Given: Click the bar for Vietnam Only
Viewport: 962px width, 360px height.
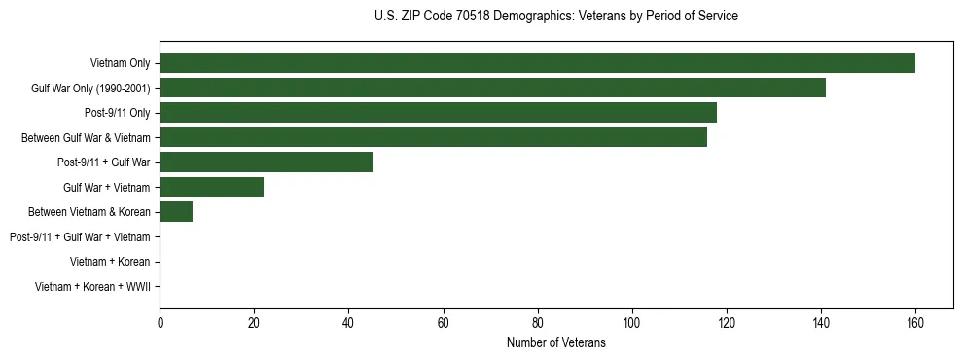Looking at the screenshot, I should tap(537, 63).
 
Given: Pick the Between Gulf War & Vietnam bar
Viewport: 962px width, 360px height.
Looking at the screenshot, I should tap(433, 137).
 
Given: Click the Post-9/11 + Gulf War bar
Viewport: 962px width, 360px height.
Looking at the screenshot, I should tap(266, 162).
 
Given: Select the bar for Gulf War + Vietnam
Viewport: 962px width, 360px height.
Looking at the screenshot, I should tap(211, 187).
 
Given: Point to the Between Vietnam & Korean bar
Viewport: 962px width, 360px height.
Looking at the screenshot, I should tap(176, 212).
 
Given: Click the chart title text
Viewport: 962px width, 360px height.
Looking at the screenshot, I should tap(555, 17).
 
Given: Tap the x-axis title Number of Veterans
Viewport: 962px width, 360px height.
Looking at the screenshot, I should tap(555, 342).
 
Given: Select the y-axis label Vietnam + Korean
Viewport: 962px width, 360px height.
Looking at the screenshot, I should tap(110, 262).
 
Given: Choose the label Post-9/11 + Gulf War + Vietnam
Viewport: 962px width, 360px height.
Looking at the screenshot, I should tap(80, 237).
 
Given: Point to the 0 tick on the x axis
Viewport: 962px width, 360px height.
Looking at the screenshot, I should tap(160, 323).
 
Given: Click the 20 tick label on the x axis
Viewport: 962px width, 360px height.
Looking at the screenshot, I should tap(254, 323).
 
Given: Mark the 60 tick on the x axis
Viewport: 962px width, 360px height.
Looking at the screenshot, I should tap(443, 323).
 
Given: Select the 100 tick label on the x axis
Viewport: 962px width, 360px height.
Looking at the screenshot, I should tap(631, 323).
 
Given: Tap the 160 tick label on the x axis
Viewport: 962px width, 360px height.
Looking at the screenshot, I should tap(914, 323).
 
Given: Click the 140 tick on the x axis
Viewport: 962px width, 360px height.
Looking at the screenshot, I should tap(820, 323).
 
